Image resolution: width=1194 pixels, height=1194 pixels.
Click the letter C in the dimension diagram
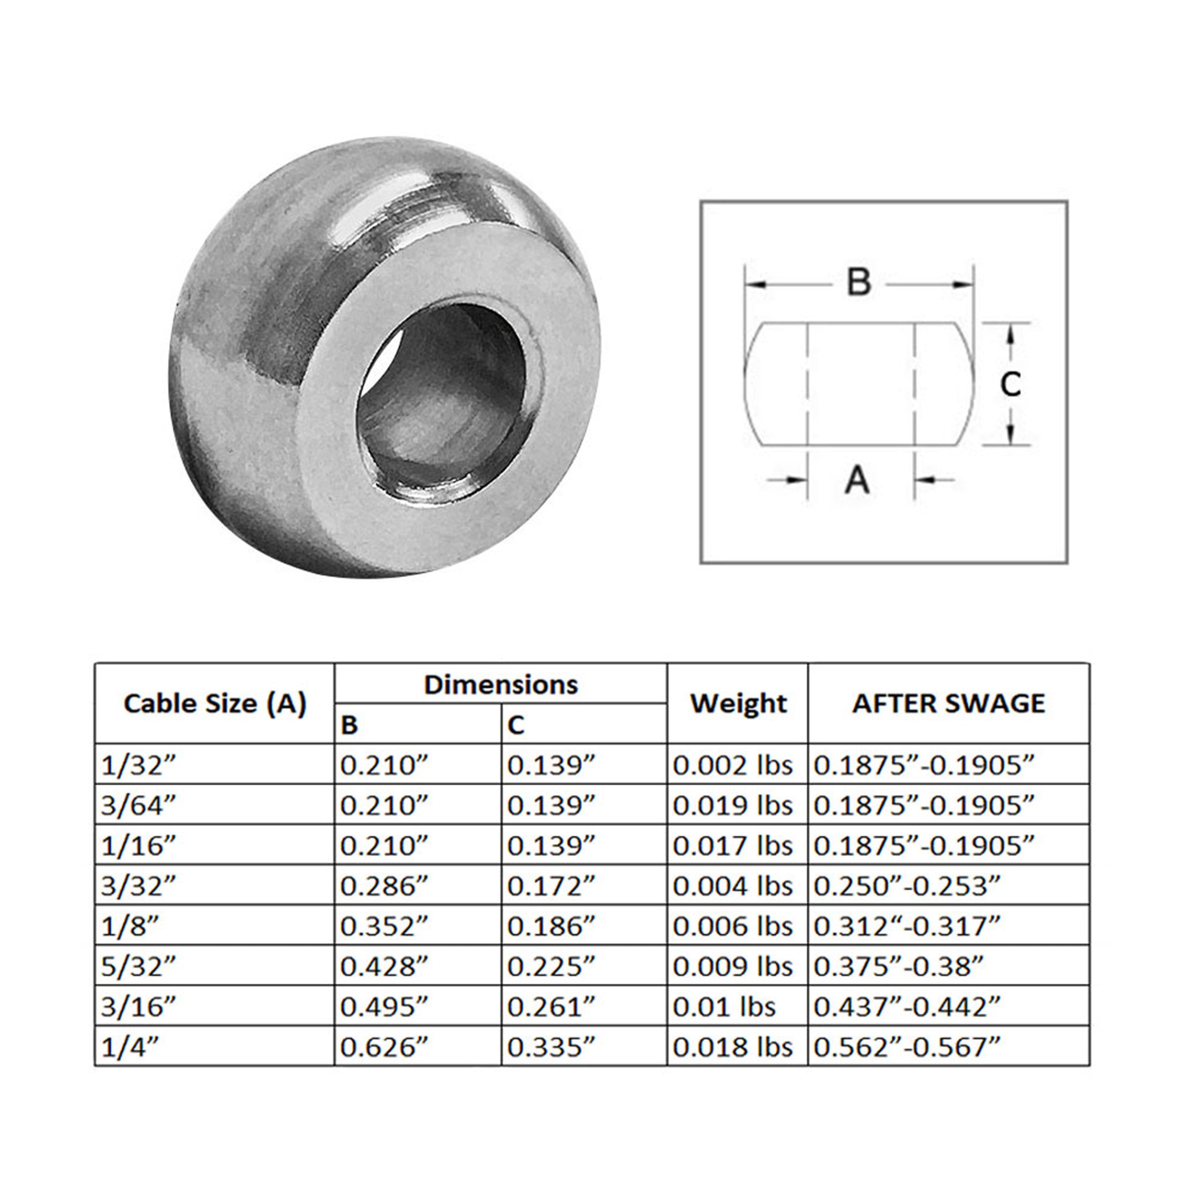pos(1011,385)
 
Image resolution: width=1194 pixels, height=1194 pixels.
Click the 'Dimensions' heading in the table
pos(501,685)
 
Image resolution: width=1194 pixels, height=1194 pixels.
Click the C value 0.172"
pos(551,886)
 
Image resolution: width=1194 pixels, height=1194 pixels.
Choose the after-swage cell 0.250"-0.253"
pos(907,886)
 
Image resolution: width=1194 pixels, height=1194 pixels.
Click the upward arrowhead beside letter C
pos(1011,334)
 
